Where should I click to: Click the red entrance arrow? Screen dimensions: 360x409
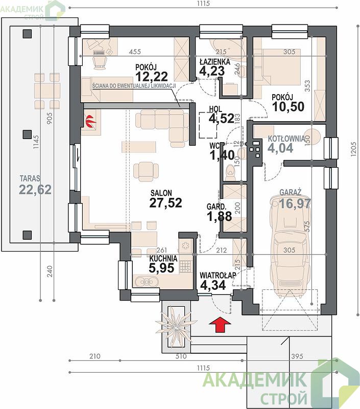pos(220,324)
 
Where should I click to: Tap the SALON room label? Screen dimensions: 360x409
pos(161,193)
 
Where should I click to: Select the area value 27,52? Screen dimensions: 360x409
pos(165,202)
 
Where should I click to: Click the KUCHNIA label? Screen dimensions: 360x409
pos(163,259)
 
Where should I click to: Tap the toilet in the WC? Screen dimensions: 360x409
pos(230,172)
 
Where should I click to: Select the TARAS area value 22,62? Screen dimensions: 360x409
pos(35,190)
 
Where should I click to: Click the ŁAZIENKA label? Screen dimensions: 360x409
pos(215,62)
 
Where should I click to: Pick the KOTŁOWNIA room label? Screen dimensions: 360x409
pos(286,139)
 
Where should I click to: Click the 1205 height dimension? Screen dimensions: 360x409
pos(353,149)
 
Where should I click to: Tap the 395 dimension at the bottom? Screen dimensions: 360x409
pos(297,356)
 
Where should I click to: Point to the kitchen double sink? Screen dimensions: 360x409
pos(146,282)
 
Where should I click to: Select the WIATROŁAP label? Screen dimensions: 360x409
pos(218,276)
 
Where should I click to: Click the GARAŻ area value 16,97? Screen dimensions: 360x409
pos(295,203)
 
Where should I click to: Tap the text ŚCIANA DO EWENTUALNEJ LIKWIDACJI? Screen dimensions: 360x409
pos(134,86)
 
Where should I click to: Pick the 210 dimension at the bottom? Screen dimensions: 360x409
pos(94,356)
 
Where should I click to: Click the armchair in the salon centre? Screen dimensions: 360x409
pos(146,171)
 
